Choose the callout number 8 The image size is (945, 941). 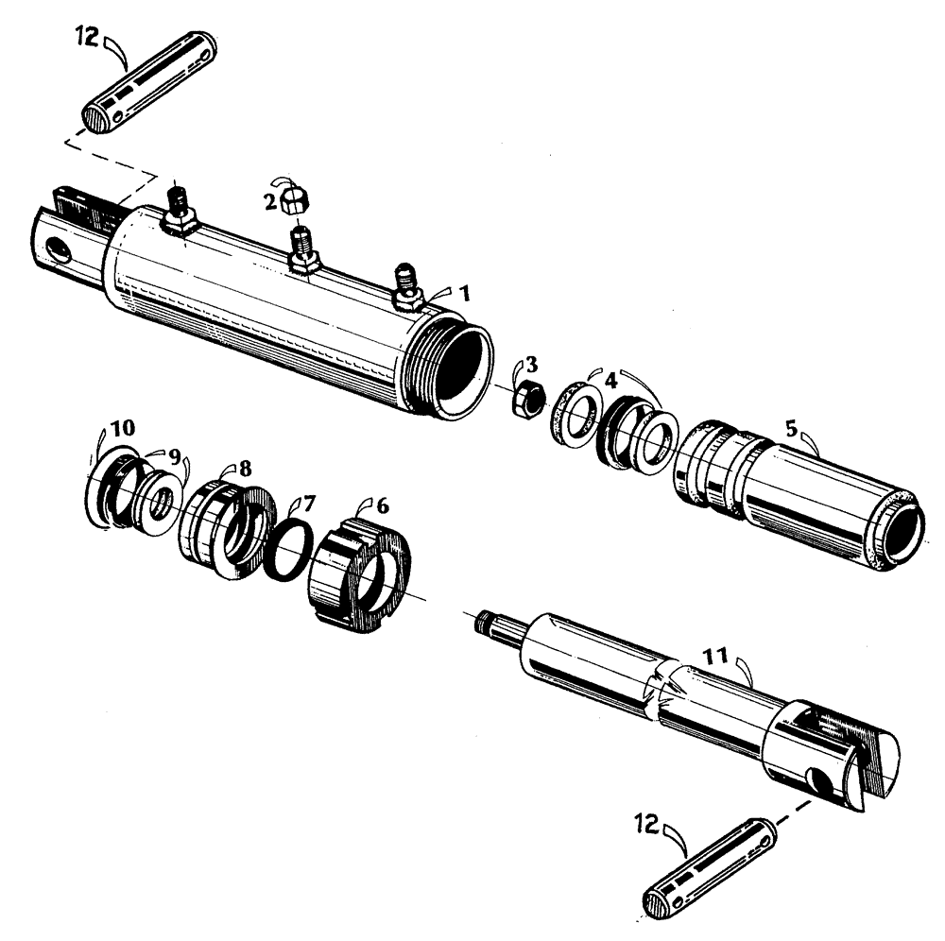[x=245, y=468]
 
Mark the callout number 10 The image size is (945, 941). [x=123, y=428]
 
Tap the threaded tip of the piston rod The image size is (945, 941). [x=488, y=623]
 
